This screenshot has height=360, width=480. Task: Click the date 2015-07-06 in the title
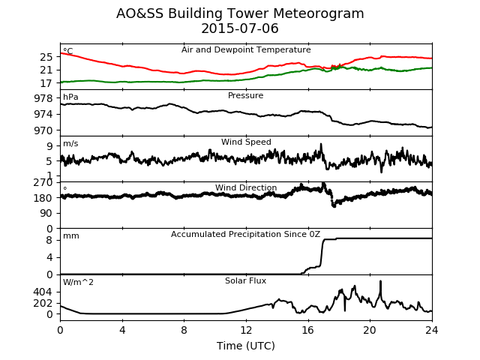pyautogui.click(x=240, y=28)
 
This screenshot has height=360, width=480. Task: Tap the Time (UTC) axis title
pyautogui.click(x=246, y=346)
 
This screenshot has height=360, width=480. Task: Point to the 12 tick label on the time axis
pyautogui.click(x=246, y=330)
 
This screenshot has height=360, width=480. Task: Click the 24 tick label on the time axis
pyautogui.click(x=432, y=330)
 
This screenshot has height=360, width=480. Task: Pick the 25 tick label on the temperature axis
pyautogui.click(x=46, y=57)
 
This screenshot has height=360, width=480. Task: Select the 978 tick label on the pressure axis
pyautogui.click(x=43, y=98)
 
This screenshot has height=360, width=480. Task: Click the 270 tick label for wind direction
pyautogui.click(x=43, y=183)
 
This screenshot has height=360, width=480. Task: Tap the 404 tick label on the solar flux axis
pyautogui.click(x=43, y=292)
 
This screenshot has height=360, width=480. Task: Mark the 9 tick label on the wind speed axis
pyautogui.click(x=49, y=146)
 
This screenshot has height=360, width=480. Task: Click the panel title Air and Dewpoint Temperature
pyautogui.click(x=246, y=49)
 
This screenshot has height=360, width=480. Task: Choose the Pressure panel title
pyautogui.click(x=245, y=95)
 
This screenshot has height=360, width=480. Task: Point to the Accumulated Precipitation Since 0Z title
pyautogui.click(x=245, y=234)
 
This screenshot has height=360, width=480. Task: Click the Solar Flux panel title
pyautogui.click(x=245, y=280)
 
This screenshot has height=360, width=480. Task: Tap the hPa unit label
pyautogui.click(x=70, y=97)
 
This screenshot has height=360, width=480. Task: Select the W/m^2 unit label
pyautogui.click(x=78, y=282)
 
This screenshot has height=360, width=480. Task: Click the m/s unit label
pyautogui.click(x=70, y=143)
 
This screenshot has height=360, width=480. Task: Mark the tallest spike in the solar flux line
pyautogui.click(x=380, y=281)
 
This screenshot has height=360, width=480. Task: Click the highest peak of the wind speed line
pyautogui.click(x=321, y=143)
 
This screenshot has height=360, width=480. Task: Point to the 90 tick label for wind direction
pyautogui.click(x=46, y=213)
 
